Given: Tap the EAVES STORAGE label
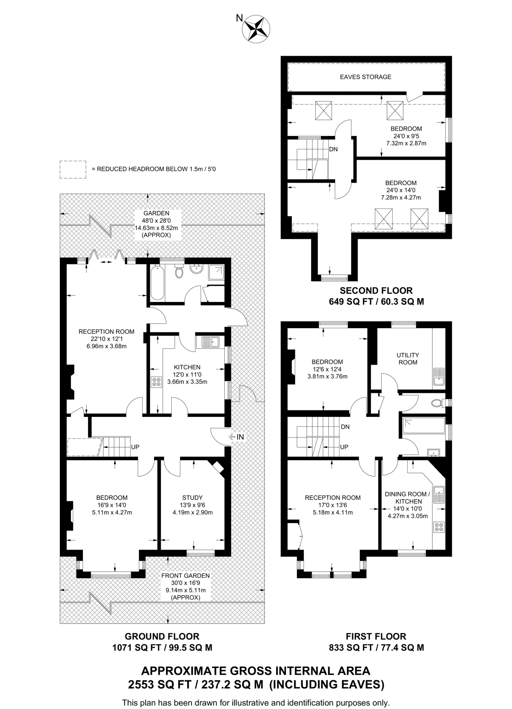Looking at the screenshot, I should click(366, 77).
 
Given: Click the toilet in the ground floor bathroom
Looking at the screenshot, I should click(179, 271).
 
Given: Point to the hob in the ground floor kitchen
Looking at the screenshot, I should click(156, 382).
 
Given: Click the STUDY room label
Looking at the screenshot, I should click(192, 497).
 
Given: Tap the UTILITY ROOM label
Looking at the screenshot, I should click(408, 359).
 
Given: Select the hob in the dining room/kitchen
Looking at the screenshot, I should click(439, 527).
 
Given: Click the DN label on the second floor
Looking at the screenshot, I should click(333, 149).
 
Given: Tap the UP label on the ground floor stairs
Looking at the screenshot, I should click(135, 447).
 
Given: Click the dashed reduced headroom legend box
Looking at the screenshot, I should click(73, 169).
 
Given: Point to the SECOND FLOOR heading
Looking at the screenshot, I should click(376, 290).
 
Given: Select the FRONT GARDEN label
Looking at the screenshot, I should click(186, 576).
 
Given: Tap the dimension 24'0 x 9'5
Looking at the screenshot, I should click(406, 136).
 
